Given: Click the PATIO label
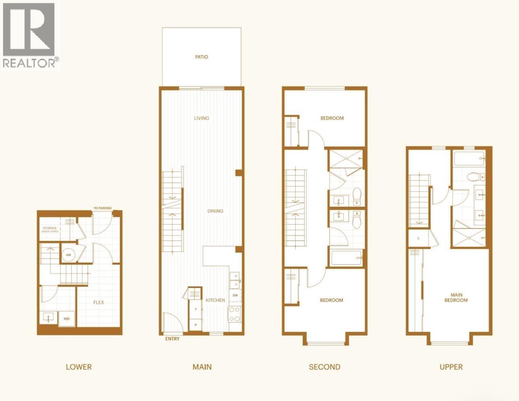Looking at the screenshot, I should coord(202,57).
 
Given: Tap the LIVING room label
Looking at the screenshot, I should coord(202,118).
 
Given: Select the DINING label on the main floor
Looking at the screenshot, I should coord(215,211).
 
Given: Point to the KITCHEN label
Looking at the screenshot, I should coord(215,300).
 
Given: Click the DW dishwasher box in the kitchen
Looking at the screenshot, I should coord(235,296).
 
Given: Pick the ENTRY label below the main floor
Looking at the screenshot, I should coord(172,339).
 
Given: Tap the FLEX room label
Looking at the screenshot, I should coord(99,302).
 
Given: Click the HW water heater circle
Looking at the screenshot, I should coord(68,255).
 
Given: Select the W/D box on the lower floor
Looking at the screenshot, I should coord(66,319).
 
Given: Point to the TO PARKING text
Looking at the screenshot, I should coord(103,208).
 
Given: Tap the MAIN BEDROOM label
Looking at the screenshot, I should coord(456,298).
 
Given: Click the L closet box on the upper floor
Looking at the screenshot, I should coord(418,238).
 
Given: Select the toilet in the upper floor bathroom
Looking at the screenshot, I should coord(472,177).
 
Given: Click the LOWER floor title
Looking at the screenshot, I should coord(79,367).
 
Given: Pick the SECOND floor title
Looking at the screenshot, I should coord(325,367).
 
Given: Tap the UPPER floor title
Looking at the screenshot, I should coord(451,367).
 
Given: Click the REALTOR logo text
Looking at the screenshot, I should coord(30,63).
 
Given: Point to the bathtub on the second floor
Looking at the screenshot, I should coord(347,257).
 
